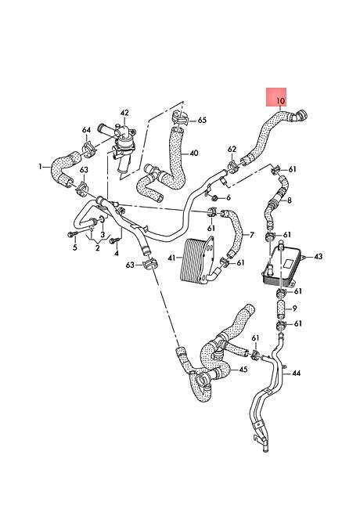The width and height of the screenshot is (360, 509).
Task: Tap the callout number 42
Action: point(124,114)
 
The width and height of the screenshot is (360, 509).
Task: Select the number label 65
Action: point(202,120)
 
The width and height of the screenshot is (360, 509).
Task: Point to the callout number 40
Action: point(193,153)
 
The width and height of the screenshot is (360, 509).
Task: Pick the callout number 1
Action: point(40,166)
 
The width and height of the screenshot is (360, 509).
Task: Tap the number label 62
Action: point(231,149)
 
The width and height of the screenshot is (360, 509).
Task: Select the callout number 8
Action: point(289,200)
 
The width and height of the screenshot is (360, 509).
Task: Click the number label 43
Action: point(318,256)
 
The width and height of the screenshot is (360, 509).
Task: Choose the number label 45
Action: point(243,370)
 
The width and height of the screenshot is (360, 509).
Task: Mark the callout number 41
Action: point(171,257)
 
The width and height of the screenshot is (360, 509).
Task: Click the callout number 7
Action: point(251,234)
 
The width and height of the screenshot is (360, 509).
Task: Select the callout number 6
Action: point(228,197)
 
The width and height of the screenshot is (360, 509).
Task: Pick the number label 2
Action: point(97,247)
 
